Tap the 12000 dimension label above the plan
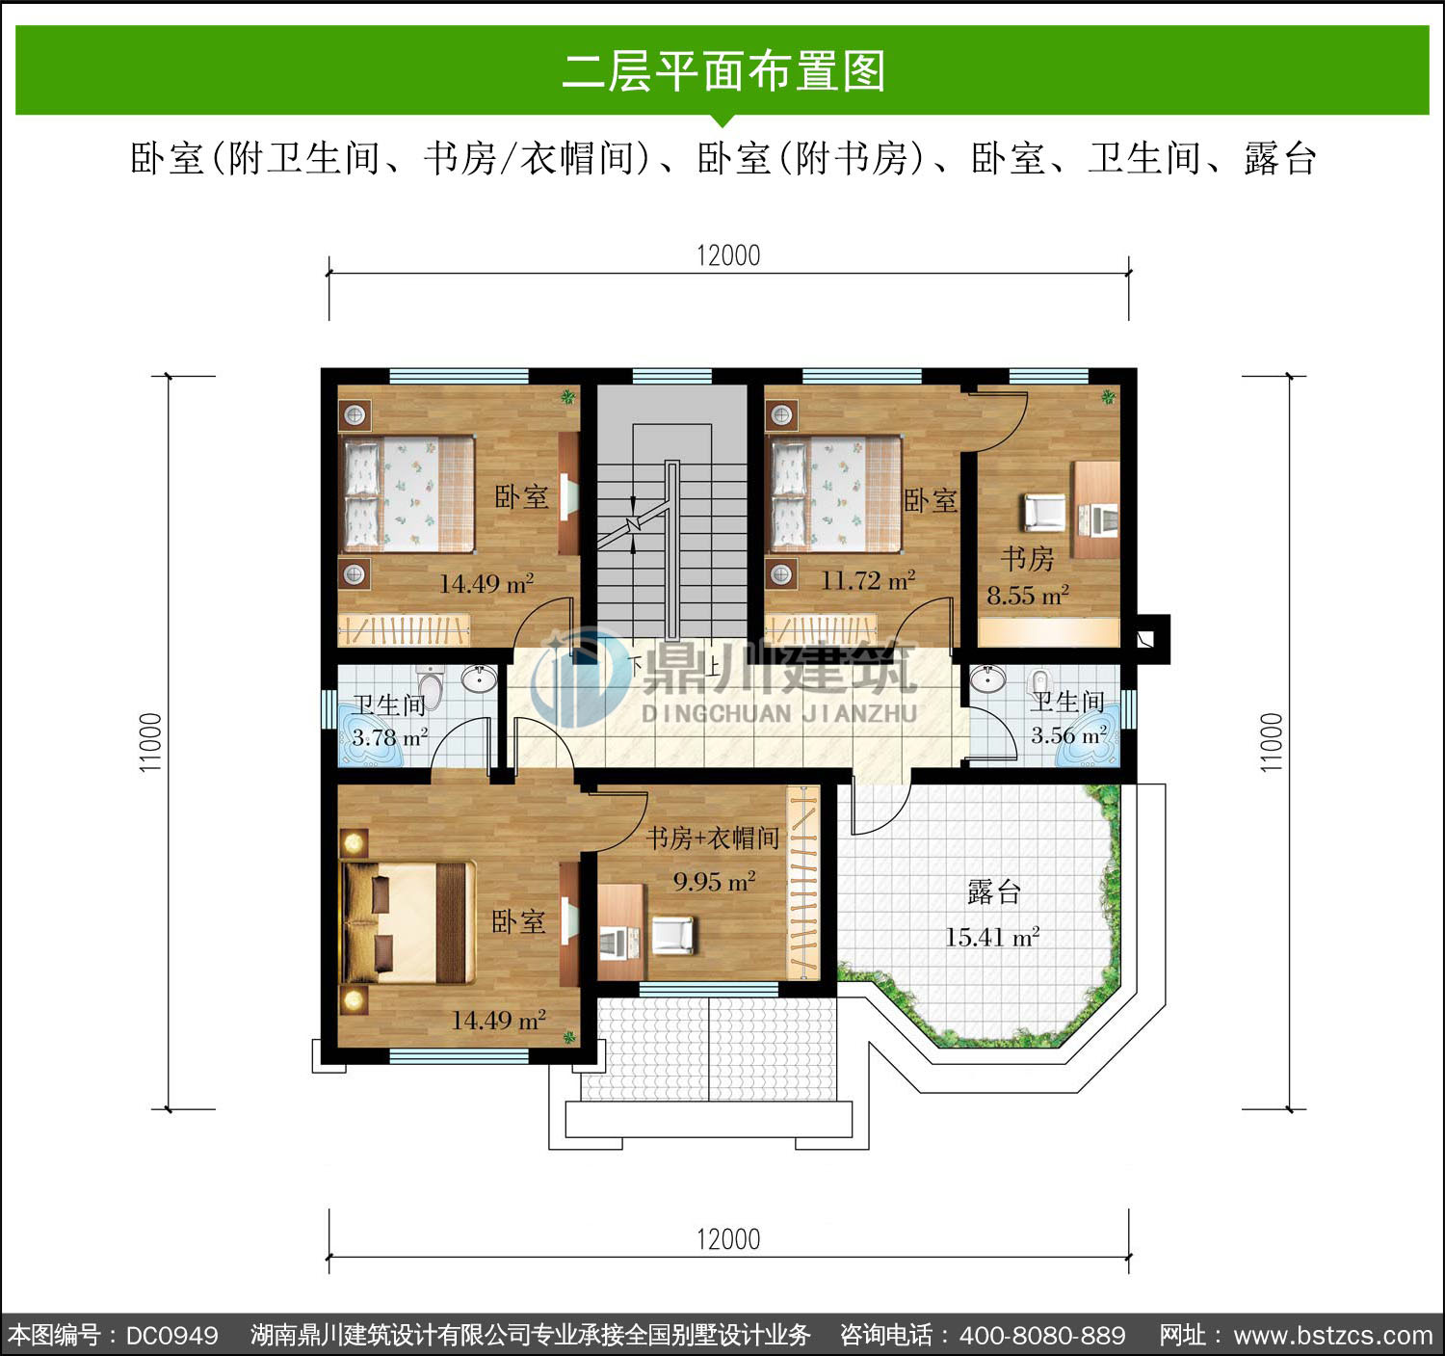click(x=728, y=255)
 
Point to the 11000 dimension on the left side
click(x=150, y=742)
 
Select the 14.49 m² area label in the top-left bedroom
click(x=486, y=583)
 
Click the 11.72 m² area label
click(x=868, y=580)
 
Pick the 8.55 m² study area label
click(x=1027, y=595)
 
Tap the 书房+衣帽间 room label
click(x=712, y=838)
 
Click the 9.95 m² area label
click(x=714, y=881)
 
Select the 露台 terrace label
click(x=994, y=891)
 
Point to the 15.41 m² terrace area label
click(x=991, y=937)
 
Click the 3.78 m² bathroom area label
click(x=389, y=737)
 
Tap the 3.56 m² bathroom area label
click(x=1069, y=734)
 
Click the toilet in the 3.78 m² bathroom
click(x=431, y=687)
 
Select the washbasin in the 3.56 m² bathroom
click(x=987, y=678)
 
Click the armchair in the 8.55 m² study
click(x=1043, y=511)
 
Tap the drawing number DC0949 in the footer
click(x=172, y=1334)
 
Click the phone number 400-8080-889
click(x=1042, y=1334)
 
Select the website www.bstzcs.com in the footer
click(x=1333, y=1334)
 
